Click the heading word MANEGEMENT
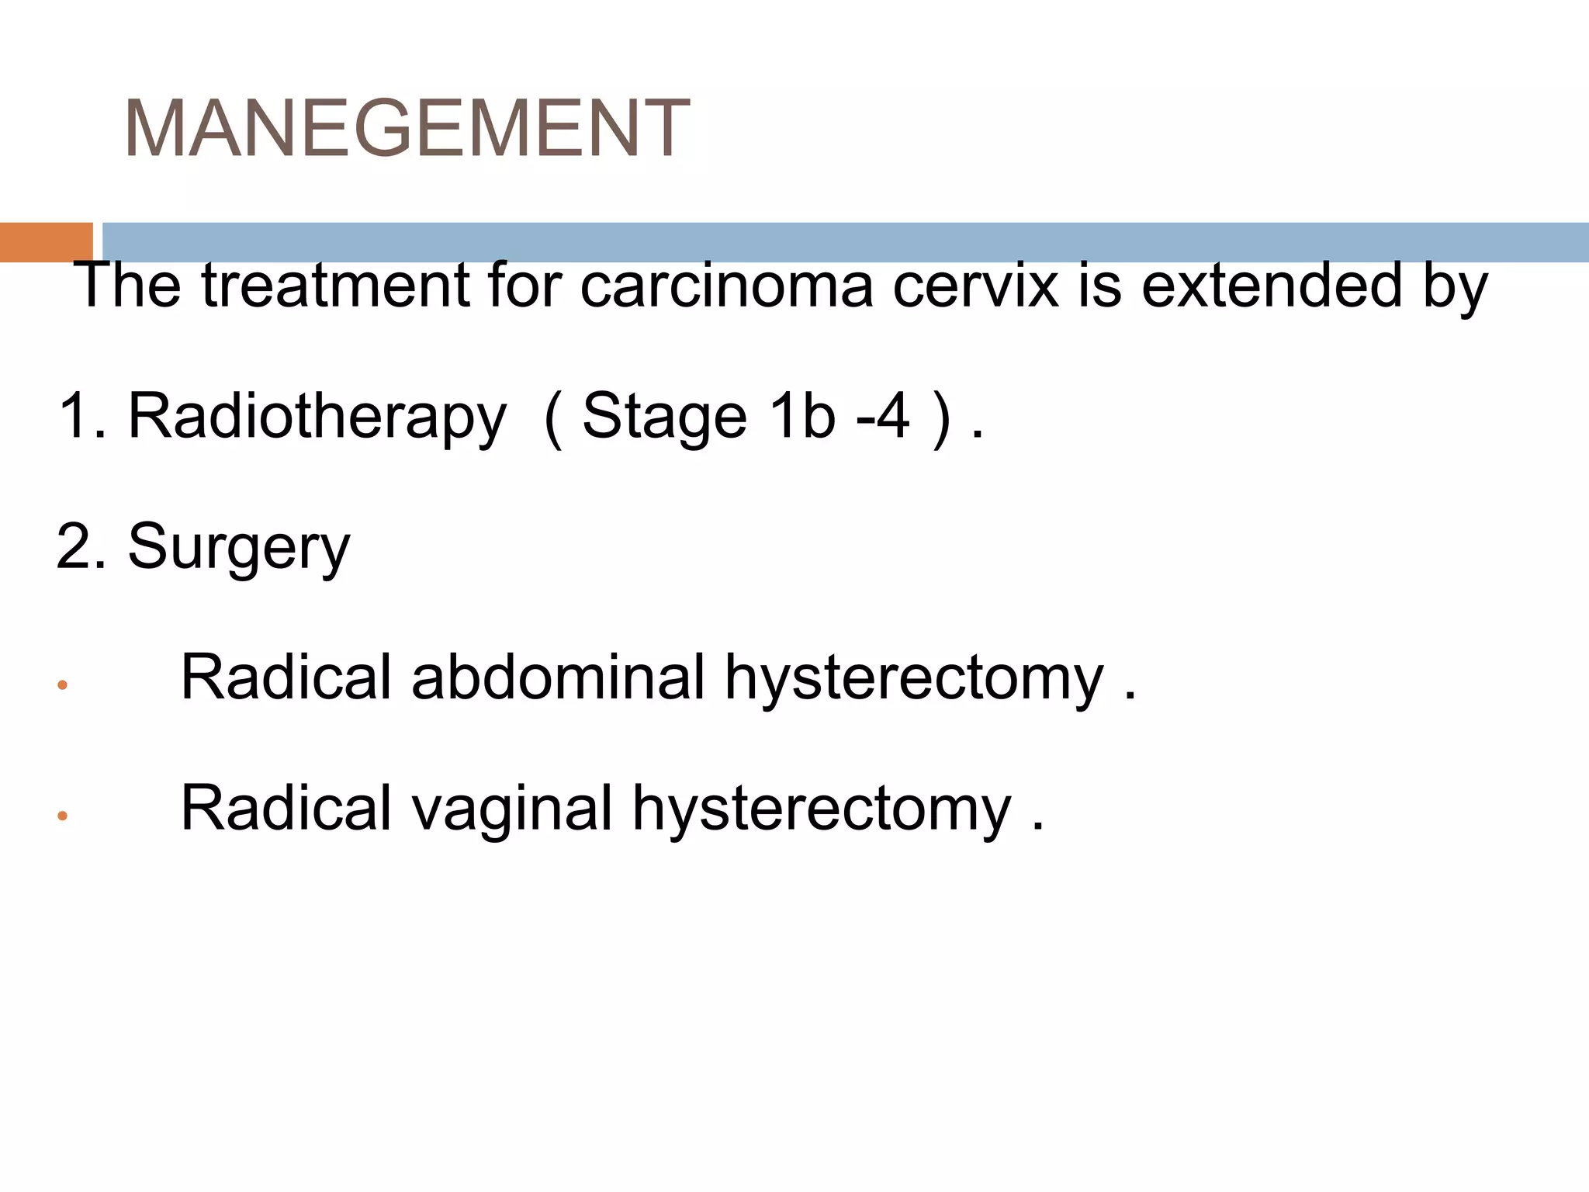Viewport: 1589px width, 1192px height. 407,129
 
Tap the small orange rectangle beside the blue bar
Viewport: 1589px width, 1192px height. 46,242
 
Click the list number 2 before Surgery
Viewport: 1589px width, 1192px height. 73,546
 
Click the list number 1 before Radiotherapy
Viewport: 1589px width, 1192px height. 73,416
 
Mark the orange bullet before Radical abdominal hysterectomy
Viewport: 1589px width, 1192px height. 62,685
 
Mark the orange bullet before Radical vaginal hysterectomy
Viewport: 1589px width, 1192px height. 62,816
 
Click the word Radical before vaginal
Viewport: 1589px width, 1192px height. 286,807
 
